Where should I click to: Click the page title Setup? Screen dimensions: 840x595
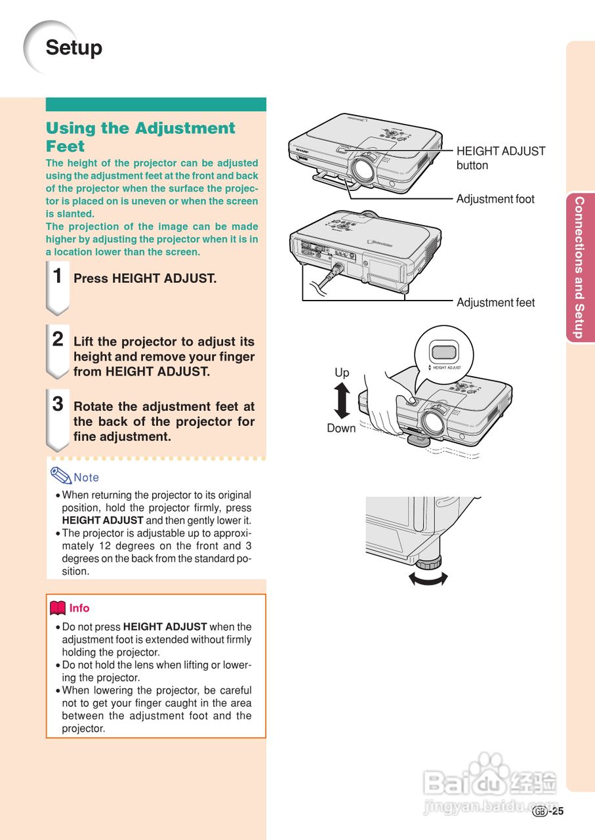(x=73, y=48)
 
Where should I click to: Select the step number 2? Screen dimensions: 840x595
(x=58, y=339)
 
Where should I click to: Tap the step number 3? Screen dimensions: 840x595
(x=58, y=404)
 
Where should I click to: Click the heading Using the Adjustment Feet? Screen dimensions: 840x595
(x=140, y=136)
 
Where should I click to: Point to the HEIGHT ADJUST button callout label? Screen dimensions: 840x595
(x=501, y=158)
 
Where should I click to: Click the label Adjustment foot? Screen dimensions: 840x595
(x=495, y=199)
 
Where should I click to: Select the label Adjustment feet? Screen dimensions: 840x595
(x=495, y=303)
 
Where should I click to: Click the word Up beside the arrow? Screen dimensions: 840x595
(x=342, y=373)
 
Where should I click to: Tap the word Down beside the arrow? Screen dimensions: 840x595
(x=341, y=429)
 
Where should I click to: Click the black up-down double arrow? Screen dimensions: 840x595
(x=342, y=401)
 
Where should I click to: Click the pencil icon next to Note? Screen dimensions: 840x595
(x=60, y=475)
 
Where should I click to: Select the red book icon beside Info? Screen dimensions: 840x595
(x=58, y=608)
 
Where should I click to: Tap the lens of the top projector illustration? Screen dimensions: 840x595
(x=361, y=169)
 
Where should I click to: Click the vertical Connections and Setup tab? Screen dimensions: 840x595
(x=579, y=267)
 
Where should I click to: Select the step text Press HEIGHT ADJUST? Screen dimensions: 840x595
(x=145, y=278)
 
